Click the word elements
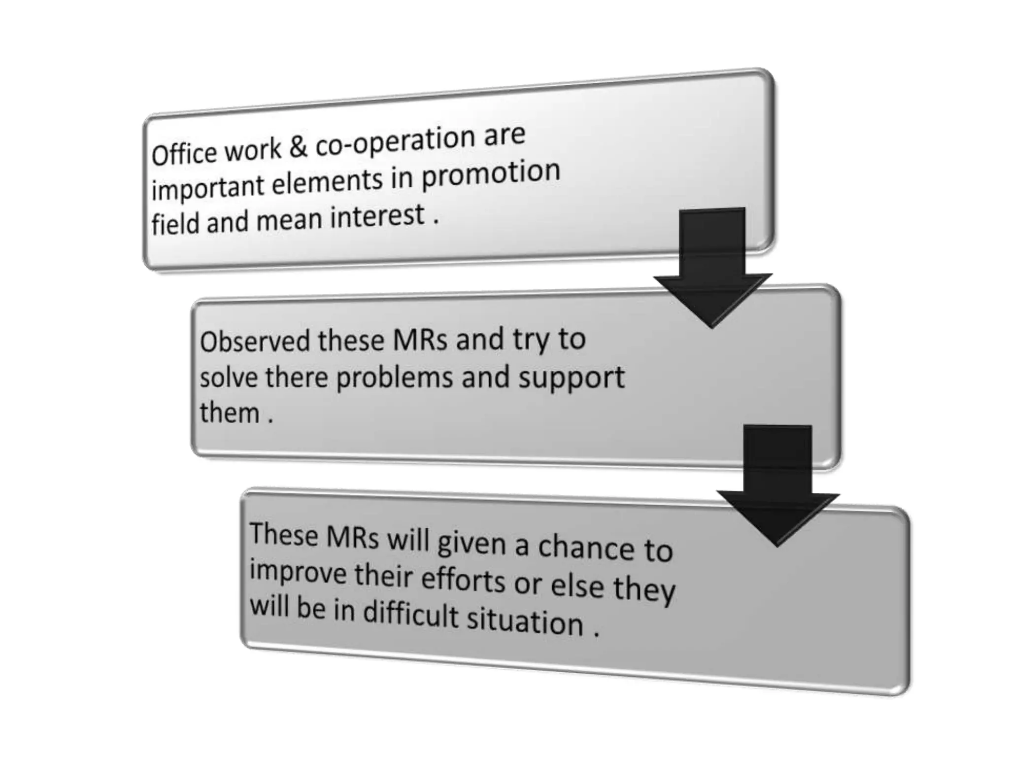pyautogui.click(x=327, y=182)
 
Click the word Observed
pyautogui.click(x=254, y=341)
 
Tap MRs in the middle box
pyautogui.click(x=420, y=340)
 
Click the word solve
pyautogui.click(x=228, y=378)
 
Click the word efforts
pyautogui.click(x=463, y=581)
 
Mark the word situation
pyautogui.click(x=525, y=622)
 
